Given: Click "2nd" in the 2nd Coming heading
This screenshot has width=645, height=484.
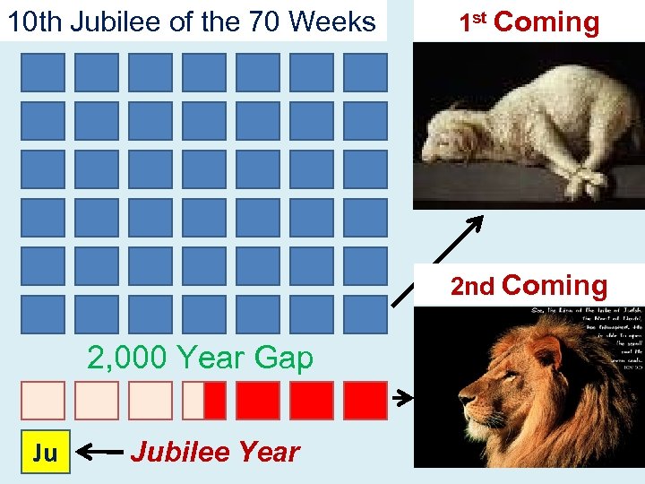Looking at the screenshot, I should tap(472, 287).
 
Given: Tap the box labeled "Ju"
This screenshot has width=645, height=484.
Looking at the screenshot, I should tap(44, 453).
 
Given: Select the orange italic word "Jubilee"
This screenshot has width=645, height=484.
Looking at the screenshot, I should tap(174, 453).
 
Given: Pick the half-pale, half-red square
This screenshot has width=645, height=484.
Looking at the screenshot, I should tap(204, 401).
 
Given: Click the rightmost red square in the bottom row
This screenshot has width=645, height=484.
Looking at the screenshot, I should tap(365, 401).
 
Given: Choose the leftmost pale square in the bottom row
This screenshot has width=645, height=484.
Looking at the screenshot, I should tap(43, 401).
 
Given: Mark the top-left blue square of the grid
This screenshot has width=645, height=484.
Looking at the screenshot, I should tap(43, 73).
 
